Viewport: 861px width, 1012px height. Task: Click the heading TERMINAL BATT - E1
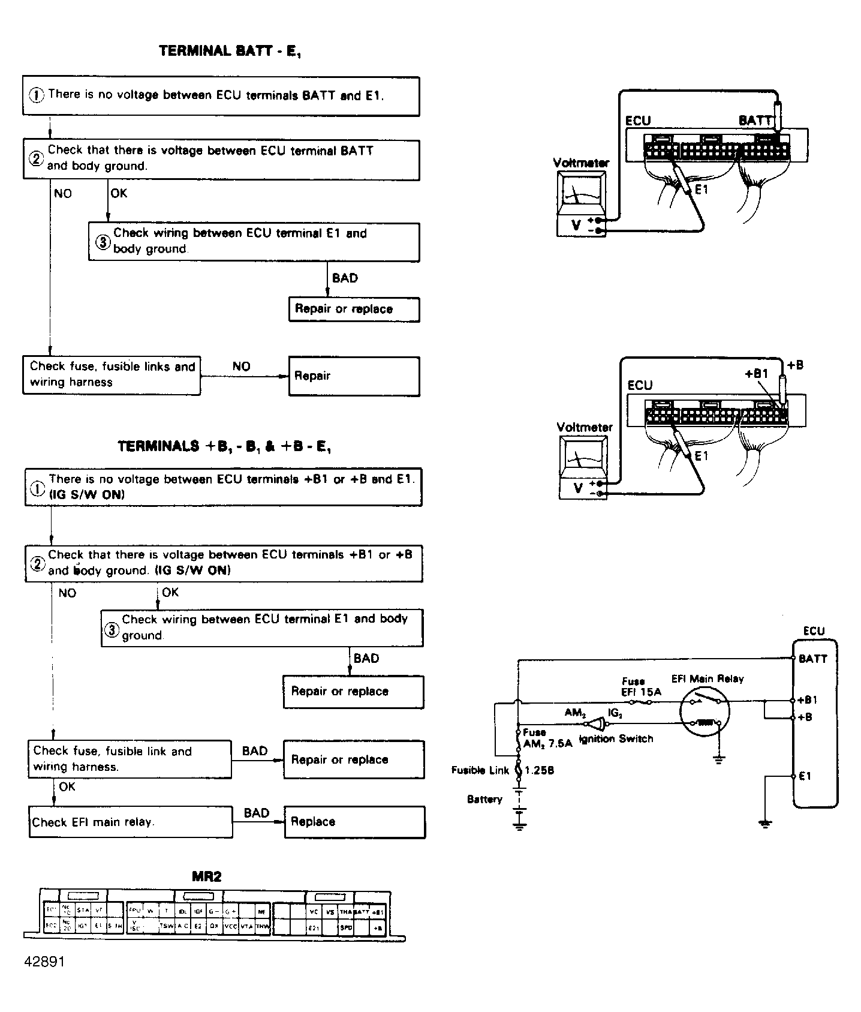point(230,52)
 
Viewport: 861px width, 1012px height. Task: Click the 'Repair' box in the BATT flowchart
point(354,376)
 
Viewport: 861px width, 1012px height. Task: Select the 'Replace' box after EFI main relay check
point(354,822)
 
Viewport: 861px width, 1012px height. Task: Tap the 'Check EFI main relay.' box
point(130,822)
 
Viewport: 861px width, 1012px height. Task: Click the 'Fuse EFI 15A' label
point(640,686)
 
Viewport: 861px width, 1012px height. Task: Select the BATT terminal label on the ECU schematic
point(812,659)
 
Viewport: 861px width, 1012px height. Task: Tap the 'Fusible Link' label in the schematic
point(480,770)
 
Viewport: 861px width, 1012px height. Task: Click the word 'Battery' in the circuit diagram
point(484,799)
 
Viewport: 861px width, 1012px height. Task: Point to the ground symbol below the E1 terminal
point(765,824)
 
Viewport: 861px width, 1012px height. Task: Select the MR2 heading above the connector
point(206,876)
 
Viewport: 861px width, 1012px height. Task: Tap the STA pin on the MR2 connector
point(83,909)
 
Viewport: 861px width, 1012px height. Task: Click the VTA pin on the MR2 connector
point(246,926)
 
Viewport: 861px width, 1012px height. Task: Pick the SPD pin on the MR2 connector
point(346,927)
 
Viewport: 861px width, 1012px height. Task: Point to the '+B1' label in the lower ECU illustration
point(756,374)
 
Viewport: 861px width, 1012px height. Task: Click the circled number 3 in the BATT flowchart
point(103,242)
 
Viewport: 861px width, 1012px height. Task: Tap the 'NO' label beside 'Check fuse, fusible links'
point(241,367)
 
